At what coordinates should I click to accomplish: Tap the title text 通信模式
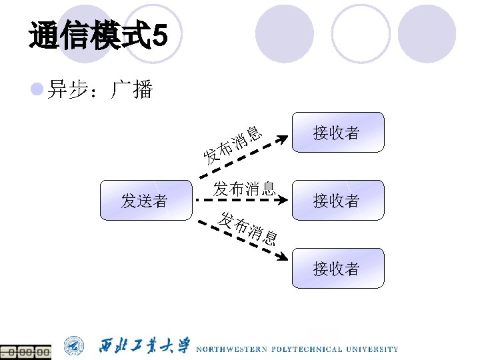coord(91,35)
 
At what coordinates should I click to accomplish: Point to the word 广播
coord(133,90)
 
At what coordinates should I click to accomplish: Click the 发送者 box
coord(144,200)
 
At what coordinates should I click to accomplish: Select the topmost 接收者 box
coord(338,133)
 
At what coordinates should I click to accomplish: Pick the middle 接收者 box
coord(338,200)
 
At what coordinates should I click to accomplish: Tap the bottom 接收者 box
coord(338,268)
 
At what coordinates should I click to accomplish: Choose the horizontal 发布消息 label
coord(244,188)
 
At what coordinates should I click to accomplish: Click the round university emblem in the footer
coord(74,346)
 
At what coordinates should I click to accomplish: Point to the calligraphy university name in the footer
coord(145,346)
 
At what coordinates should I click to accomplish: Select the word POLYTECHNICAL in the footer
coord(307,349)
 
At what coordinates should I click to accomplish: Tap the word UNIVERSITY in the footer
coord(373,349)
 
